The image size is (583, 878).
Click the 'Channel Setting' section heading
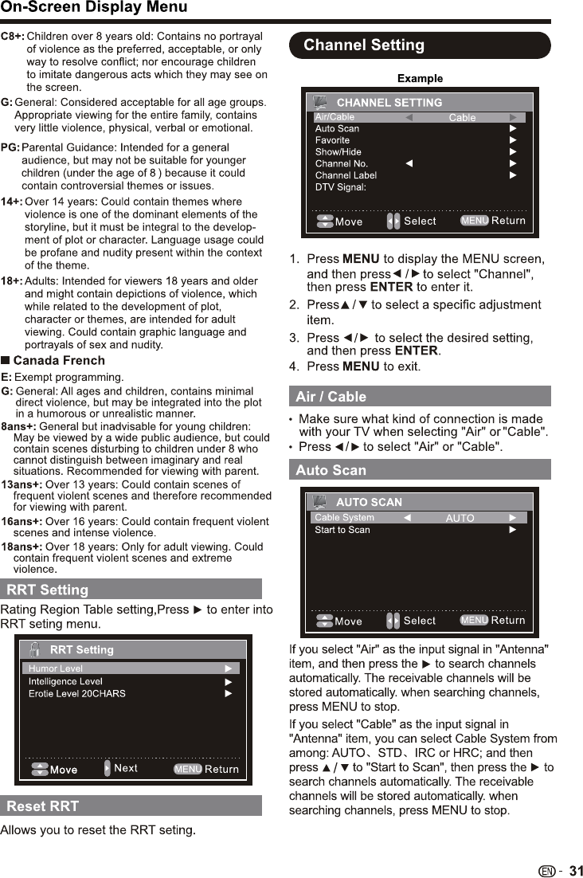click(364, 45)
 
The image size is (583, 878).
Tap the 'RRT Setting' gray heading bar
click(48, 590)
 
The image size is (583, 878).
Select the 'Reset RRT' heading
click(43, 805)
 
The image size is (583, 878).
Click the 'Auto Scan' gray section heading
click(331, 469)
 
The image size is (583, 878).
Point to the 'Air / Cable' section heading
click(331, 396)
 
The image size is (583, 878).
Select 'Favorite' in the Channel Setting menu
click(332, 139)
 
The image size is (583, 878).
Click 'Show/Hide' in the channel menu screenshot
click(338, 151)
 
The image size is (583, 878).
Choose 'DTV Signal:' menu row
click(341, 186)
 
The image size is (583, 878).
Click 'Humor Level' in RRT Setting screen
click(56, 668)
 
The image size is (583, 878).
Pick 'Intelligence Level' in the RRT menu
click(65, 681)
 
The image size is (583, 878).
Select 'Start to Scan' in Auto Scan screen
click(342, 529)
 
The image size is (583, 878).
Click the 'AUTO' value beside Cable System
click(460, 518)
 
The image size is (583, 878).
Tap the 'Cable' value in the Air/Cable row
click(462, 118)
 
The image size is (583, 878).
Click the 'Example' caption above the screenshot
click(420, 78)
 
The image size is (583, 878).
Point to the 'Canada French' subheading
click(59, 360)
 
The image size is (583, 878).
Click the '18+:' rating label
click(11, 280)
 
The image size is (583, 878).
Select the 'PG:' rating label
click(11, 147)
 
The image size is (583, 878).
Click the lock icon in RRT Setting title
click(35, 649)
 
